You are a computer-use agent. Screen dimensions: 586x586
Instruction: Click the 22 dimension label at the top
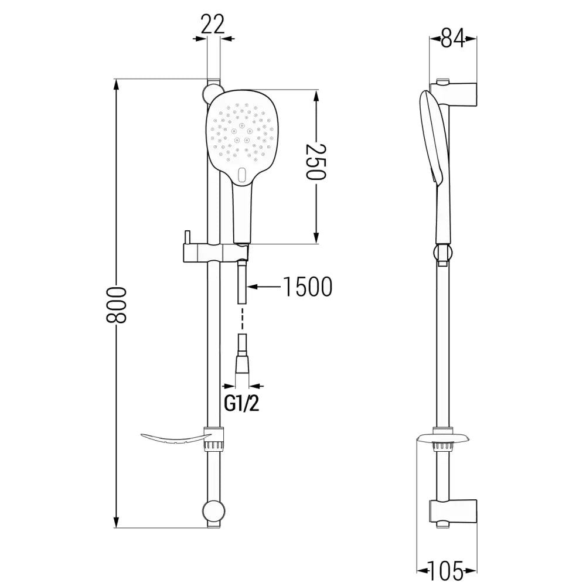point(213,25)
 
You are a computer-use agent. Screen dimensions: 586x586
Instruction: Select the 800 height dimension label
point(117,305)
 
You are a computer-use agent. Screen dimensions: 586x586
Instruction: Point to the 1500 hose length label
point(307,287)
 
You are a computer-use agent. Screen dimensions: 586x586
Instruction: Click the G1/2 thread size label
point(242,404)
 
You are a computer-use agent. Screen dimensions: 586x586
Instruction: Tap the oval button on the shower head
point(243,173)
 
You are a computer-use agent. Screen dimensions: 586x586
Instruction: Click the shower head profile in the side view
point(431,141)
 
